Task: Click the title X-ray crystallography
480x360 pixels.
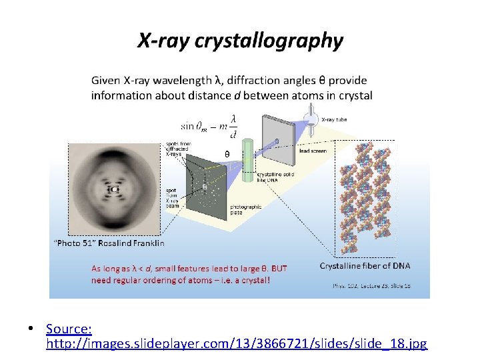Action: pyautogui.click(x=240, y=41)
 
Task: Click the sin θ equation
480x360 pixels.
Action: pyautogui.click(x=209, y=124)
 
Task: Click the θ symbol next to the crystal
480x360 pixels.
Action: pyautogui.click(x=227, y=153)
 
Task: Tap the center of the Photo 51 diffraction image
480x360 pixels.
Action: pyautogui.click(x=114, y=189)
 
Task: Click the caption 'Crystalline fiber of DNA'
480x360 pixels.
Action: pyautogui.click(x=365, y=265)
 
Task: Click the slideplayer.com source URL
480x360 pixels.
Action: pyautogui.click(x=237, y=344)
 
